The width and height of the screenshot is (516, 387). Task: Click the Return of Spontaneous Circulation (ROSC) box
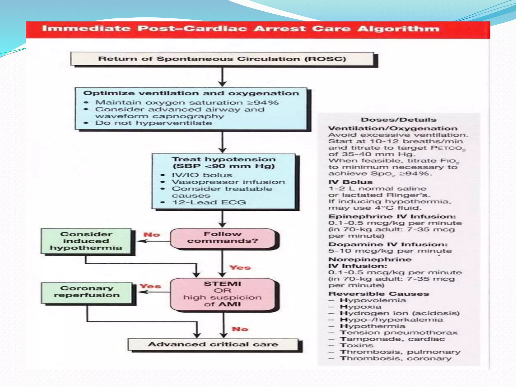coord(222,59)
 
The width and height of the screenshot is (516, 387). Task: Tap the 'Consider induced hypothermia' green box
coord(86,241)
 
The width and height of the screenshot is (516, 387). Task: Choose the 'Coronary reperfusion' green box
coord(87,292)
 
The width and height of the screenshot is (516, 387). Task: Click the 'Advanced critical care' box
coord(213,344)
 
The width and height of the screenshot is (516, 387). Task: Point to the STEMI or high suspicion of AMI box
coord(223,294)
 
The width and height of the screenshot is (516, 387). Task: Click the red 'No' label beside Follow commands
coord(152,235)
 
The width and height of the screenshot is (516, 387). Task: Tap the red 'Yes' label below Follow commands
coord(240,267)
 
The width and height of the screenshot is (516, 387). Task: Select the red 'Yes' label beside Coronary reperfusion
coord(150,286)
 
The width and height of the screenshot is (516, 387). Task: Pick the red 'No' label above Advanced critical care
coord(240,329)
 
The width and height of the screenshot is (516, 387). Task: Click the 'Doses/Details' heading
coord(398,120)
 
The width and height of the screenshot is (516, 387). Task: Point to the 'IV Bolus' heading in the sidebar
coord(350,182)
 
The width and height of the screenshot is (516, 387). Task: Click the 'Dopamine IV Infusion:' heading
coord(388,244)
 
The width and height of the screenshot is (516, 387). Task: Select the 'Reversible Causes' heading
coord(379,294)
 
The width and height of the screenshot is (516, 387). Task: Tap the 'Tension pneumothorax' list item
coord(398,332)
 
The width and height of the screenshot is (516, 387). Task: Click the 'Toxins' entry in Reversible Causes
coord(357,345)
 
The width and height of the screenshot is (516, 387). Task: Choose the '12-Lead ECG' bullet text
coord(209,202)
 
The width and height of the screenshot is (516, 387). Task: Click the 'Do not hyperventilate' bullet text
coord(153,123)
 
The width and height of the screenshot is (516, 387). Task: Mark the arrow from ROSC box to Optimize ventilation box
coord(222,77)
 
